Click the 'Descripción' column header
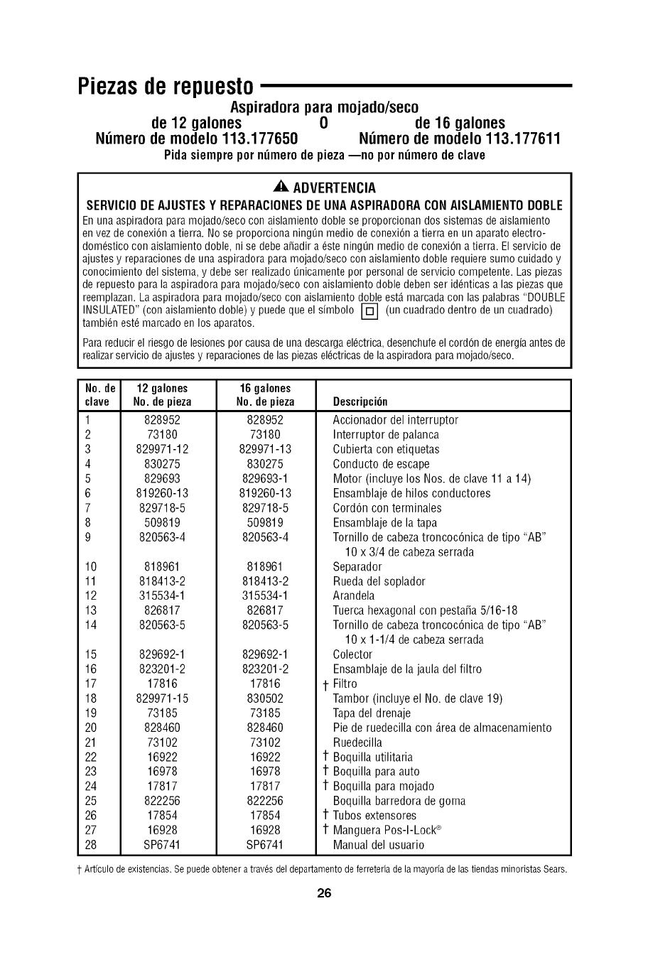point(360,402)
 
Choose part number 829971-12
point(162,450)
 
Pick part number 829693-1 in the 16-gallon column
point(265,479)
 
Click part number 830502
point(265,698)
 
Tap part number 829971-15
point(162,698)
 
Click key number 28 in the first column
point(90,845)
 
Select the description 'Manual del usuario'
point(379,845)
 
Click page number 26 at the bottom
point(324,893)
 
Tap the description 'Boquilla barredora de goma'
point(399,801)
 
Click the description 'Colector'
point(352,654)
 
